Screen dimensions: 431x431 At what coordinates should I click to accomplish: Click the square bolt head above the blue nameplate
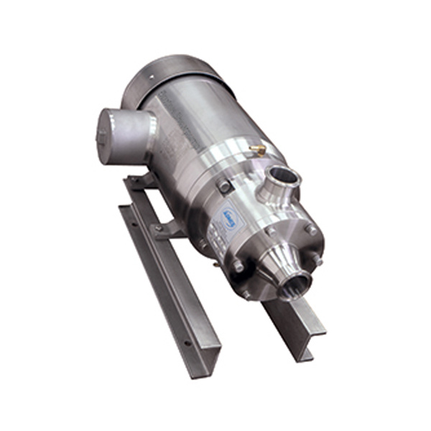tap(225, 186)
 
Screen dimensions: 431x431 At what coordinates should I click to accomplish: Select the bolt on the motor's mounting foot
tap(158, 228)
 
